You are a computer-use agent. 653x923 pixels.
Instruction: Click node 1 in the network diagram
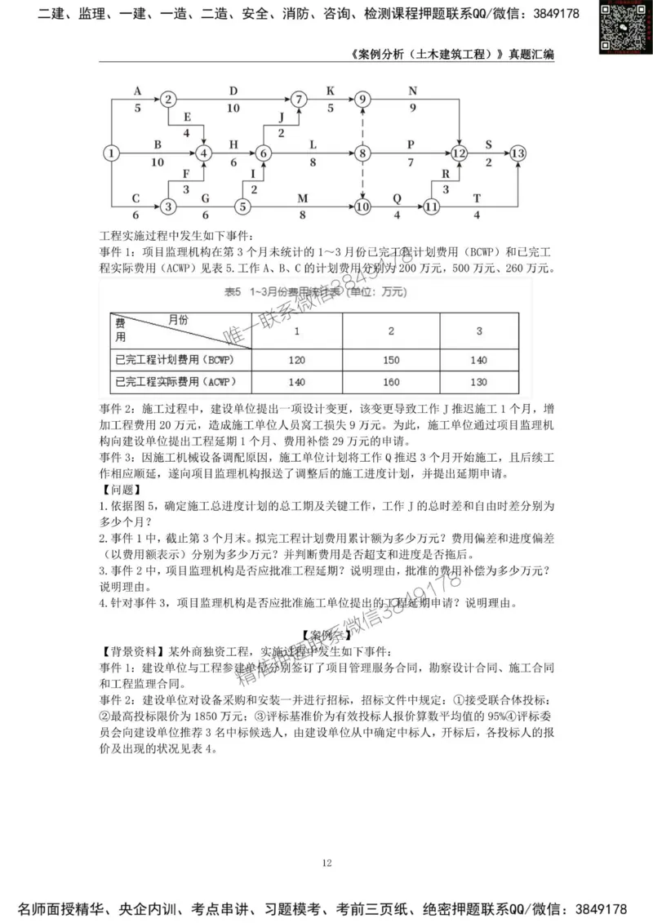point(112,153)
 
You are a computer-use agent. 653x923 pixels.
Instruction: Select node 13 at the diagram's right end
point(518,153)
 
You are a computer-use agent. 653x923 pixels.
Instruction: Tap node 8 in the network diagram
point(362,153)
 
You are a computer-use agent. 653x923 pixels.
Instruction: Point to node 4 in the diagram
point(205,153)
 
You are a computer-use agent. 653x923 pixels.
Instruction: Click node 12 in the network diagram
point(459,153)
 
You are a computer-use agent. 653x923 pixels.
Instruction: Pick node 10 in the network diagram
point(362,207)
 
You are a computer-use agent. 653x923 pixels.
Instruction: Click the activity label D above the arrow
point(233,91)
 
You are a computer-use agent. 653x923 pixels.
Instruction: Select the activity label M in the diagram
point(303,198)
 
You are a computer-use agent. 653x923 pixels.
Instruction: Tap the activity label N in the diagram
point(412,91)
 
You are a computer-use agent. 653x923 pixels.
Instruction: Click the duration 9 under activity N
point(412,108)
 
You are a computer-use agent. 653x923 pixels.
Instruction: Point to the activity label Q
point(398,198)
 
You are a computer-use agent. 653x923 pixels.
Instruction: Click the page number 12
point(326,863)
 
